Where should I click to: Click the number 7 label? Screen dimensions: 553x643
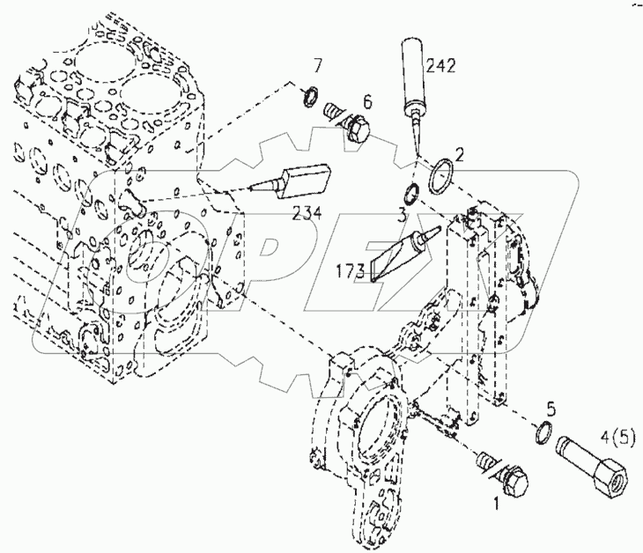pos(318,66)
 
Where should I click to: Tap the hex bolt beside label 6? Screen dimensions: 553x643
pos(353,124)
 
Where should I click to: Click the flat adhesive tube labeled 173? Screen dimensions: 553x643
pos(395,254)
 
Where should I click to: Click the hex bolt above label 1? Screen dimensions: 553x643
pos(503,474)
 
